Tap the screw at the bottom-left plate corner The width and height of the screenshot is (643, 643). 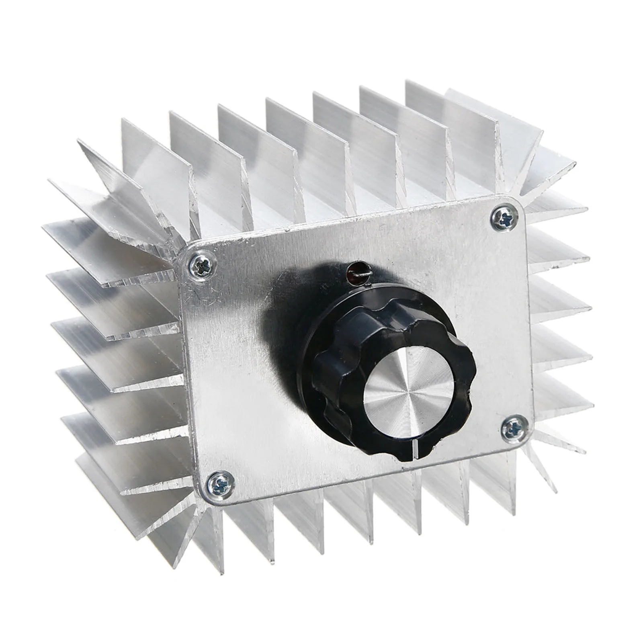point(221,485)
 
